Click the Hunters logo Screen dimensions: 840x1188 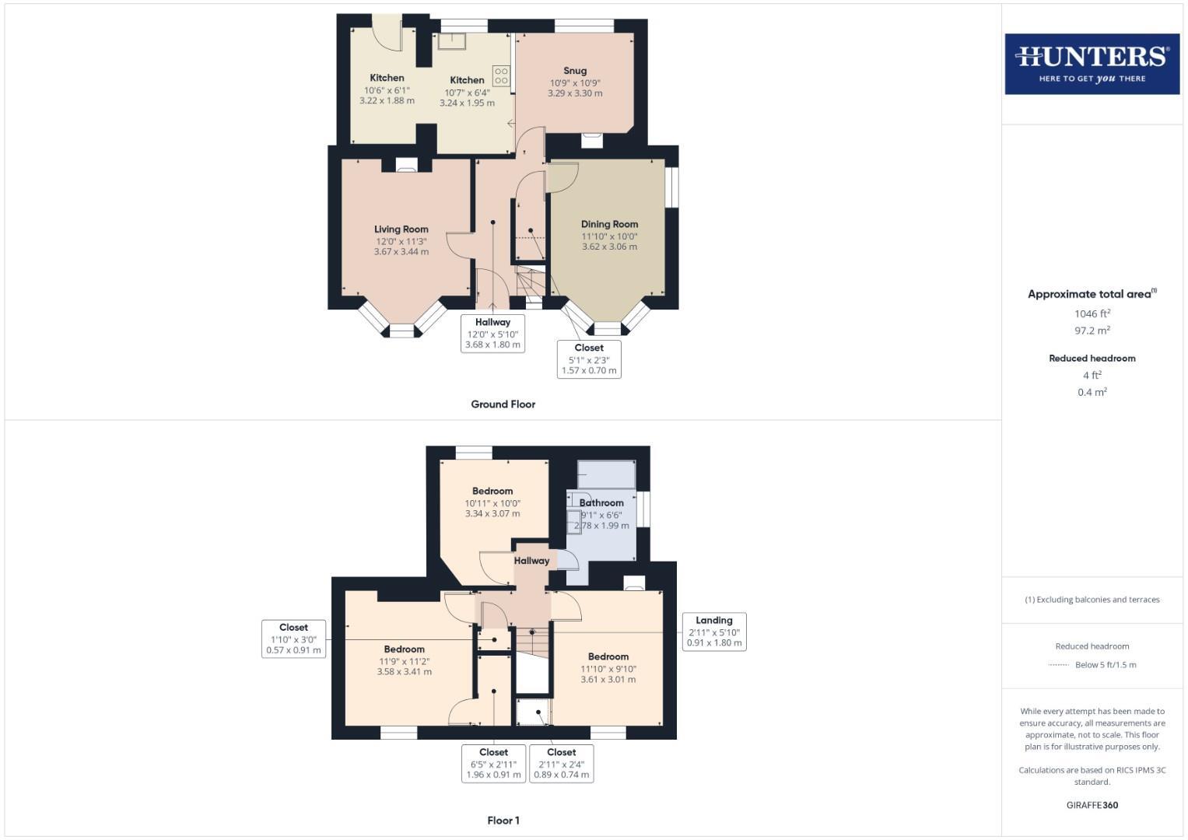pos(1092,64)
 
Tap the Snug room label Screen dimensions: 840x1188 pos(575,71)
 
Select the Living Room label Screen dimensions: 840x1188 pos(401,229)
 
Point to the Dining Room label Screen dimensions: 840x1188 pos(609,224)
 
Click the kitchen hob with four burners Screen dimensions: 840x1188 pos(501,75)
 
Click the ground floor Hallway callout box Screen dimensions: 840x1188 pos(492,334)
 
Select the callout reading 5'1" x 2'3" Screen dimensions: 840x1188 pos(589,359)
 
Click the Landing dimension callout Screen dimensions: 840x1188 pos(713,632)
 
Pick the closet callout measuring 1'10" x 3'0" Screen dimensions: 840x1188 pos(293,639)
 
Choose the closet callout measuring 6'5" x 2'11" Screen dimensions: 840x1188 pos(493,764)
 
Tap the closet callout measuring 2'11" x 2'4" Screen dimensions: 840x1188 pos(561,764)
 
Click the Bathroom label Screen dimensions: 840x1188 pos(601,502)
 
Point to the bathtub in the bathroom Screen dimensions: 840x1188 pos(606,474)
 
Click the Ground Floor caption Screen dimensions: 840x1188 pos(503,404)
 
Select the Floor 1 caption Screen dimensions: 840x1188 pos(503,821)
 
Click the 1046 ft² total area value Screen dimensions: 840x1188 pos(1092,313)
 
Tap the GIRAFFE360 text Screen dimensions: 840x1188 pos(1092,805)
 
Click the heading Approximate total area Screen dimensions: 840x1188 pos(1091,294)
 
